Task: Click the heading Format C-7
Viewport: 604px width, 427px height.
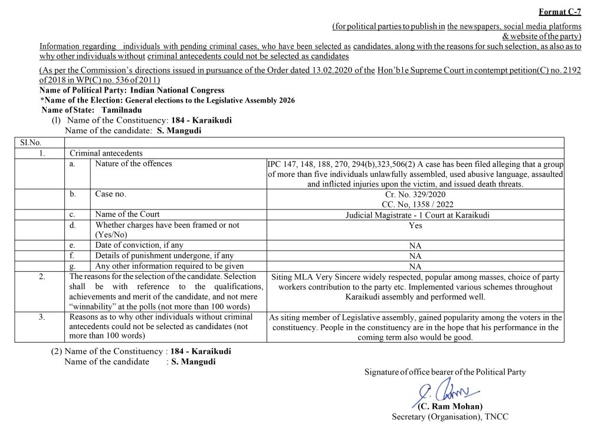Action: (560, 12)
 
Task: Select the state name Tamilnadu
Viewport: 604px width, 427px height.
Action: (122, 110)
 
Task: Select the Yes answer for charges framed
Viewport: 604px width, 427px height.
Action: (415, 225)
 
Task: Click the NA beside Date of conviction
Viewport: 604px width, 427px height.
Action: (415, 245)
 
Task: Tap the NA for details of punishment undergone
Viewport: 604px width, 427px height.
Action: (415, 256)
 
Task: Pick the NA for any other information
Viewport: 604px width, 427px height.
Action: (415, 266)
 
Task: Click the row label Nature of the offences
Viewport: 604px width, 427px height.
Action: (133, 164)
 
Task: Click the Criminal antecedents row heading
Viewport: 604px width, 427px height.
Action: (106, 153)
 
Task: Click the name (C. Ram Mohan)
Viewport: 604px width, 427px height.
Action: (450, 406)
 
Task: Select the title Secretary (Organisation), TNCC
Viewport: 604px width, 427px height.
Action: (450, 416)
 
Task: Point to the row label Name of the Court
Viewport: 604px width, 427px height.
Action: (127, 214)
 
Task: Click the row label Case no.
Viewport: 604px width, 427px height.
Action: (111, 193)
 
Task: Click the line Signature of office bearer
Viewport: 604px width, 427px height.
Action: (445, 372)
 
